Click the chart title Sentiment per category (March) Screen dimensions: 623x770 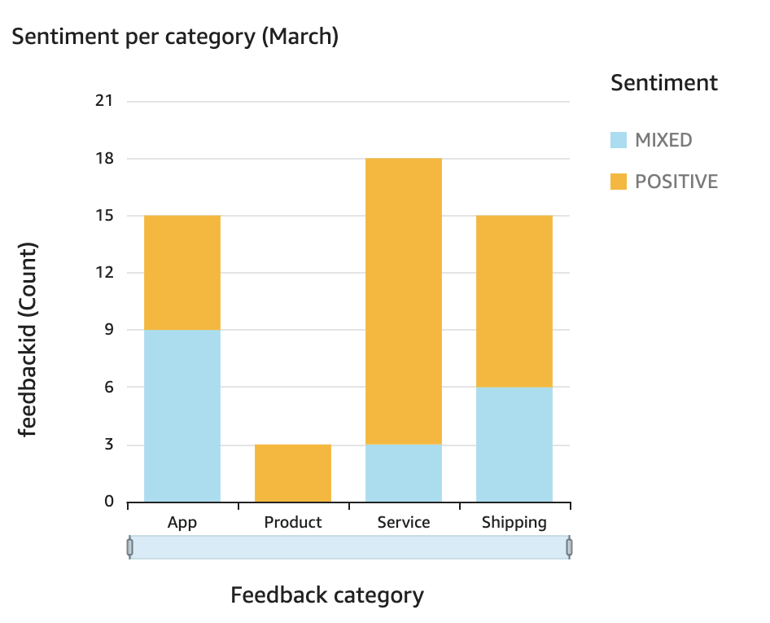click(x=174, y=37)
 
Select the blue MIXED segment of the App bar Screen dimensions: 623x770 click(x=182, y=415)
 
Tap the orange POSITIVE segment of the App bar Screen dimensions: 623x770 click(x=182, y=273)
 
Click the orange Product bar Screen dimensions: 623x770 click(x=293, y=473)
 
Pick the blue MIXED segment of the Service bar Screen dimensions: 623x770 click(x=404, y=473)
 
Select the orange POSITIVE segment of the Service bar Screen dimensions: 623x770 click(x=404, y=301)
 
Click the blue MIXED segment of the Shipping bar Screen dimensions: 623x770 click(x=514, y=445)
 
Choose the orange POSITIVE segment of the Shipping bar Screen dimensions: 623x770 click(x=514, y=301)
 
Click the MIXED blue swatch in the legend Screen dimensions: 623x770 click(x=619, y=140)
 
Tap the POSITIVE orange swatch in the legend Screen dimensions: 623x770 click(x=619, y=182)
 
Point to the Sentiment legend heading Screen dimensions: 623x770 click(x=664, y=83)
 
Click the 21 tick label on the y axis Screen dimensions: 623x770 click(x=104, y=102)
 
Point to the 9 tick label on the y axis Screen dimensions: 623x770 click(x=109, y=331)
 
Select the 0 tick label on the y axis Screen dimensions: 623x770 click(x=109, y=502)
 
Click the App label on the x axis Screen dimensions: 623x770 click(x=182, y=523)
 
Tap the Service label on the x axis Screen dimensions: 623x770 click(x=404, y=523)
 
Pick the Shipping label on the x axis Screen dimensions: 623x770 click(x=514, y=523)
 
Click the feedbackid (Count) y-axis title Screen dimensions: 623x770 click(x=29, y=339)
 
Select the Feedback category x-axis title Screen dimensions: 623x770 click(x=327, y=595)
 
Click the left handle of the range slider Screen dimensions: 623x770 click(x=129, y=547)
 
